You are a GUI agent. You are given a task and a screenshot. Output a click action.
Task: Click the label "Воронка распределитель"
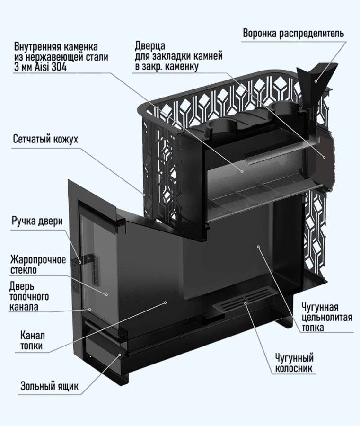point(293,34)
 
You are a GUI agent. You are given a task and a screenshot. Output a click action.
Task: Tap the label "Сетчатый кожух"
point(45,141)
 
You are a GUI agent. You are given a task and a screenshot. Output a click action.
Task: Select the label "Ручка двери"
point(37,222)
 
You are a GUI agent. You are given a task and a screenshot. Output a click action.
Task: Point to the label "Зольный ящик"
point(49,385)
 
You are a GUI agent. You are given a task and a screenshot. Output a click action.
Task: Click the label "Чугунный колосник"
point(294,364)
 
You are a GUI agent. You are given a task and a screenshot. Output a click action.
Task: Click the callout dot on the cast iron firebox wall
point(258,246)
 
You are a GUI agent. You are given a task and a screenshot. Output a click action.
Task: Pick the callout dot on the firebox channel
point(165,302)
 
